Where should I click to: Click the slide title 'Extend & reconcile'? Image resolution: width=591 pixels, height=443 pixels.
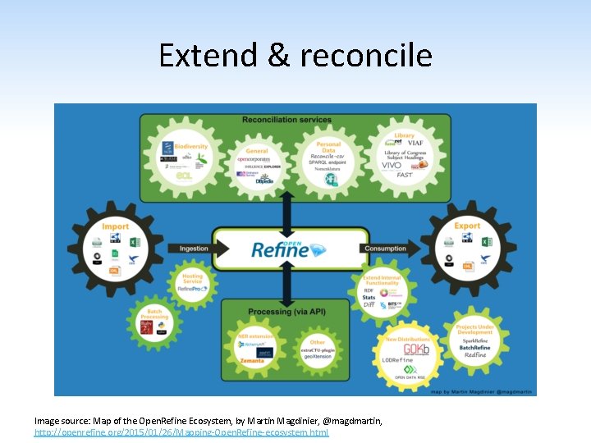point(295,55)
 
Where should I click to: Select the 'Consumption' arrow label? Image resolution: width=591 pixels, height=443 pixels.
point(385,248)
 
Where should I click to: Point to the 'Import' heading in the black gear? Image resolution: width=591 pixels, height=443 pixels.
point(116,226)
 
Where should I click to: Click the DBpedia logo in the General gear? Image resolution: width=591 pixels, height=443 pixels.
point(263,180)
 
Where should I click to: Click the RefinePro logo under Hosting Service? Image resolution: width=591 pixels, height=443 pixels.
point(194,288)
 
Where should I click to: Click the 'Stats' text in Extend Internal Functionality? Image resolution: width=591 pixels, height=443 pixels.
point(369,296)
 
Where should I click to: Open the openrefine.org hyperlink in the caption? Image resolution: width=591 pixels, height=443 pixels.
point(181,432)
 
